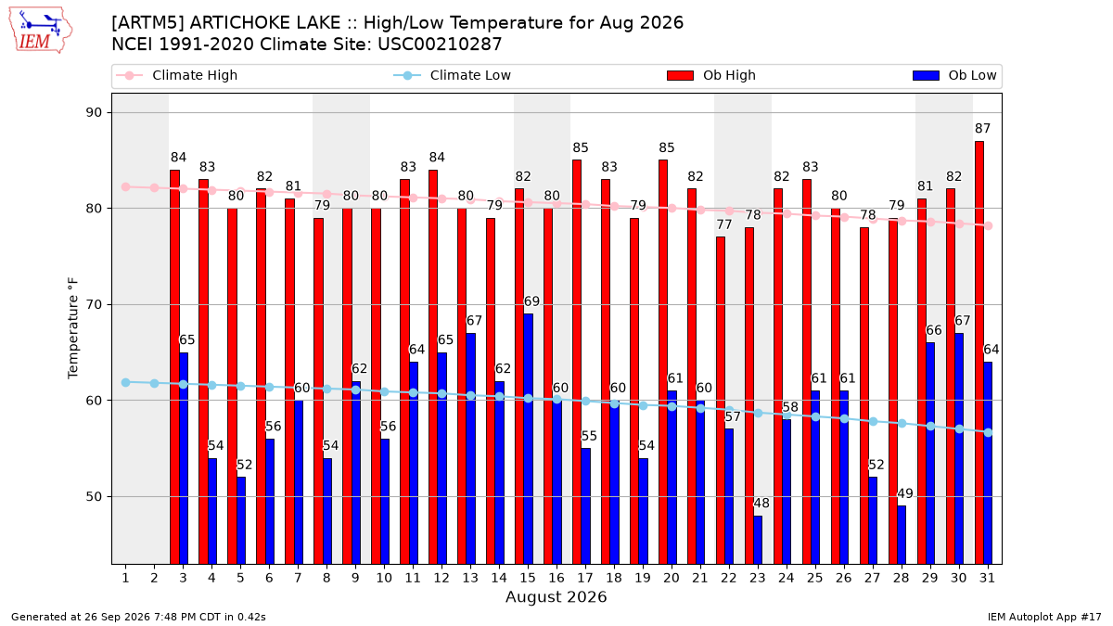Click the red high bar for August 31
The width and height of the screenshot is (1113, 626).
[979, 352]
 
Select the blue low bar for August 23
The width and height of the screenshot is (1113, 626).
[758, 540]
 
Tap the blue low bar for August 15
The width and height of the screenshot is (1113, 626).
[528, 440]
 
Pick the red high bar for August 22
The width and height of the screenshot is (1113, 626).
[721, 401]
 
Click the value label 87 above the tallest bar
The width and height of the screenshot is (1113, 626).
[982, 129]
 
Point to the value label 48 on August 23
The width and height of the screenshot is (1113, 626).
[761, 504]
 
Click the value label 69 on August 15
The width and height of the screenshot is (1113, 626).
[531, 301]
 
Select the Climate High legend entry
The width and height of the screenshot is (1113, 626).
[176, 75]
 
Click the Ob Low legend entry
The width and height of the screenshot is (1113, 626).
[954, 75]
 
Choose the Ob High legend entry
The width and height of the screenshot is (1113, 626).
[711, 75]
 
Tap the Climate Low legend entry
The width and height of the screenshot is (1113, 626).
[453, 75]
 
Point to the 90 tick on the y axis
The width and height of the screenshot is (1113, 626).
[94, 113]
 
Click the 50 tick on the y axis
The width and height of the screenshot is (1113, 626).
[94, 497]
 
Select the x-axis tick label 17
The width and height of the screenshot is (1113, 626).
[585, 579]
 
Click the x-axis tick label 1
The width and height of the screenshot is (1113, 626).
[126, 579]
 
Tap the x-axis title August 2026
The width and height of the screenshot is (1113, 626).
[556, 597]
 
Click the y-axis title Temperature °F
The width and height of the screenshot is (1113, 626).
[73, 328]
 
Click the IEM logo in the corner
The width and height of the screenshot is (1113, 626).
[41, 31]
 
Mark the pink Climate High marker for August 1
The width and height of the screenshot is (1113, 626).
[126, 186]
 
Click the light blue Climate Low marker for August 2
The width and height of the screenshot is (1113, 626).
[155, 384]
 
